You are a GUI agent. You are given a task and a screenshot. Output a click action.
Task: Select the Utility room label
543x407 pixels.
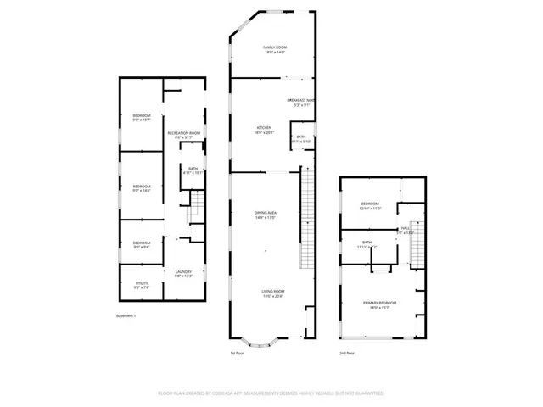point(142,285)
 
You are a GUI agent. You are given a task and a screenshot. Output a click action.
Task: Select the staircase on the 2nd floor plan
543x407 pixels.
point(416,246)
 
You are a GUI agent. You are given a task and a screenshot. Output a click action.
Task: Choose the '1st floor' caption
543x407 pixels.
point(238,353)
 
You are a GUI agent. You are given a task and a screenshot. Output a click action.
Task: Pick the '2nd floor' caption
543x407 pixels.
point(347,353)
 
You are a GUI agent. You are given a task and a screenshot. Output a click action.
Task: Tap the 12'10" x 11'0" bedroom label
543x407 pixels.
point(371,206)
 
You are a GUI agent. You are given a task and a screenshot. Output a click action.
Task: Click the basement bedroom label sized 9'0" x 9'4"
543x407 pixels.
point(142,245)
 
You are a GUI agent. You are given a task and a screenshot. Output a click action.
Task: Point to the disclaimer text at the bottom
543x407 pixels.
point(271,393)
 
